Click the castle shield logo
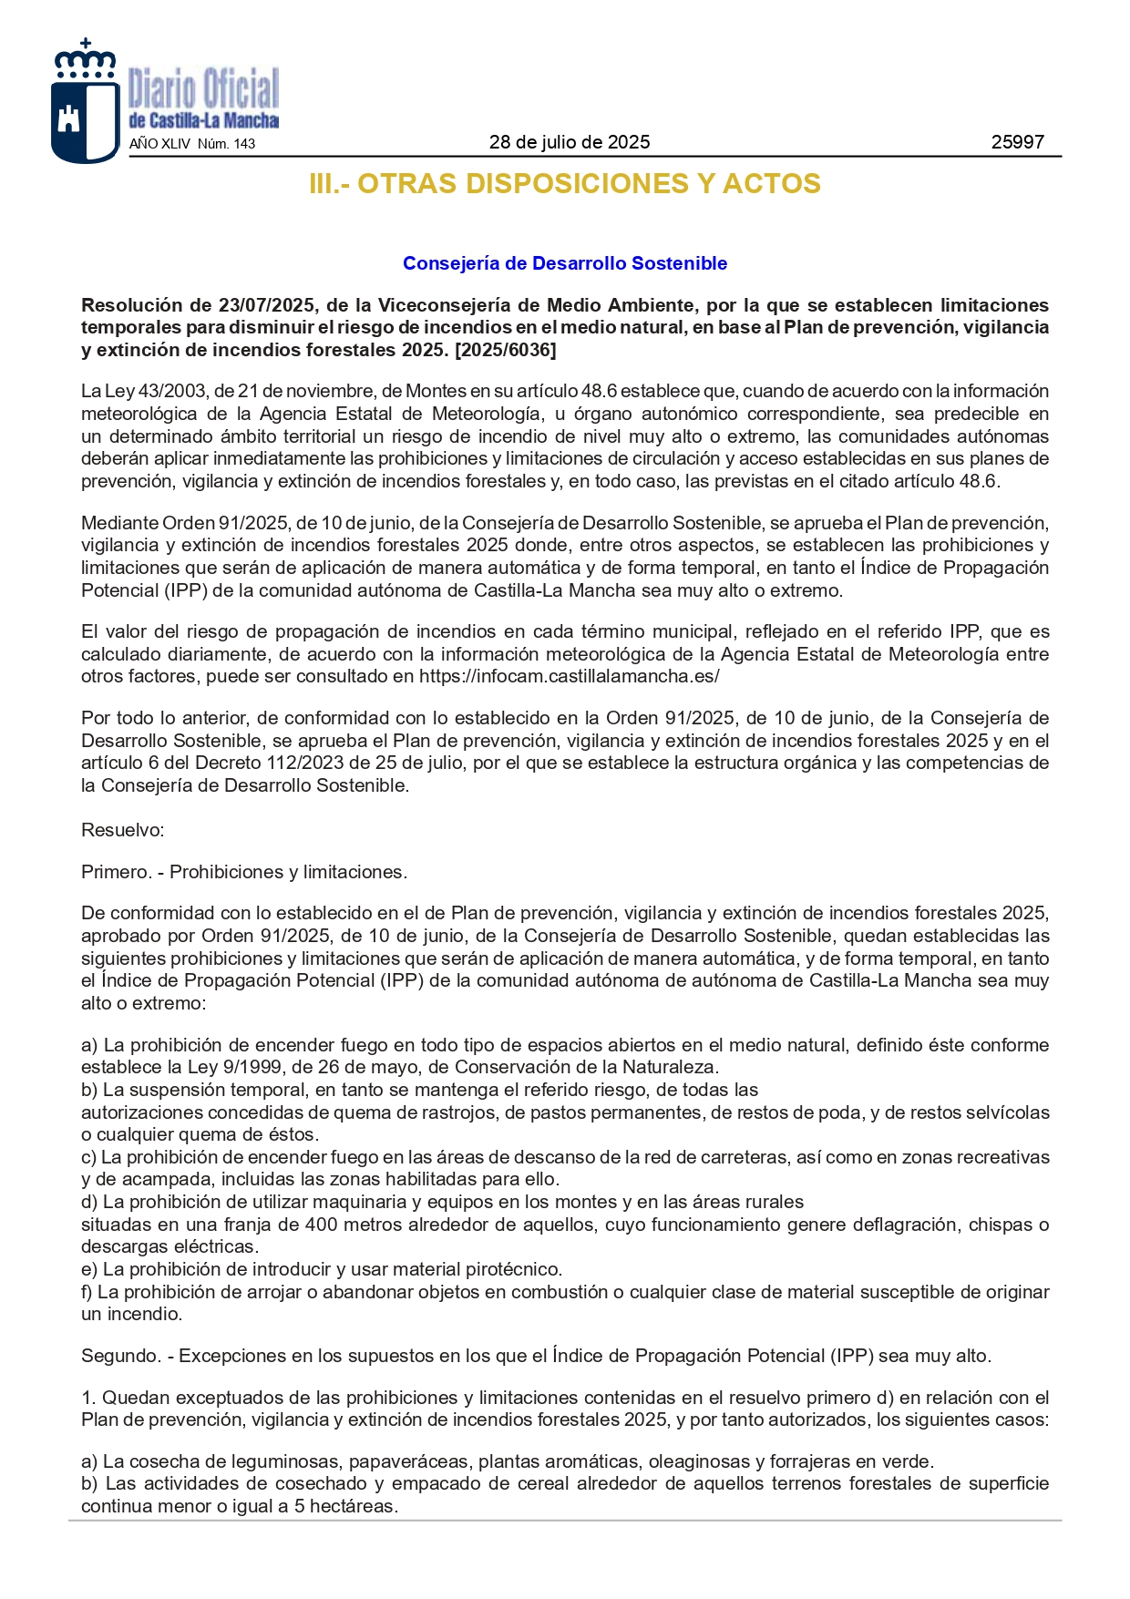[x=84, y=102]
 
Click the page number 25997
[x=1017, y=142]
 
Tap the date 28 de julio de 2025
[x=570, y=142]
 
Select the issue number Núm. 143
[x=226, y=144]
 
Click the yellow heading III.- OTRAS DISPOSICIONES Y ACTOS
[x=565, y=184]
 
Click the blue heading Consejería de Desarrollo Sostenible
[x=565, y=263]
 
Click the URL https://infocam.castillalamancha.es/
[x=569, y=676]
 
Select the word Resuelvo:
[x=123, y=830]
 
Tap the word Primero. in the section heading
[x=114, y=872]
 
